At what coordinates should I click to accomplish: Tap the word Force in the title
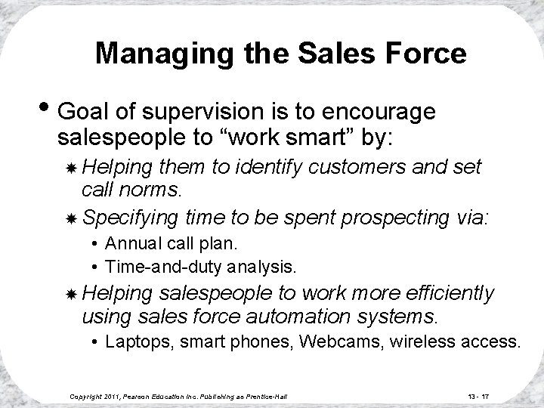click(428, 54)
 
